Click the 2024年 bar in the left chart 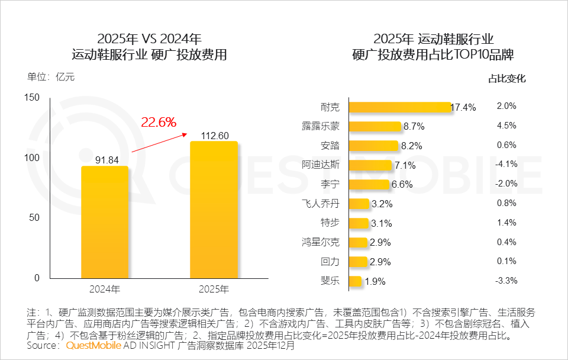click(x=105, y=221)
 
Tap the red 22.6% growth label click(x=159, y=123)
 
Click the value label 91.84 click(x=105, y=160)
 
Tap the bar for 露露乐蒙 click(x=375, y=126)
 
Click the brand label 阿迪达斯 click(x=320, y=165)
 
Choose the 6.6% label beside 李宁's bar click(x=402, y=185)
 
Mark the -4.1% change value click(x=506, y=164)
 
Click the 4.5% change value click(x=507, y=126)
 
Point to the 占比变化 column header click(x=506, y=78)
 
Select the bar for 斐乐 click(x=355, y=281)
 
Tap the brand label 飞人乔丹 click(x=320, y=203)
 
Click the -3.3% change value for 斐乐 click(x=506, y=281)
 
